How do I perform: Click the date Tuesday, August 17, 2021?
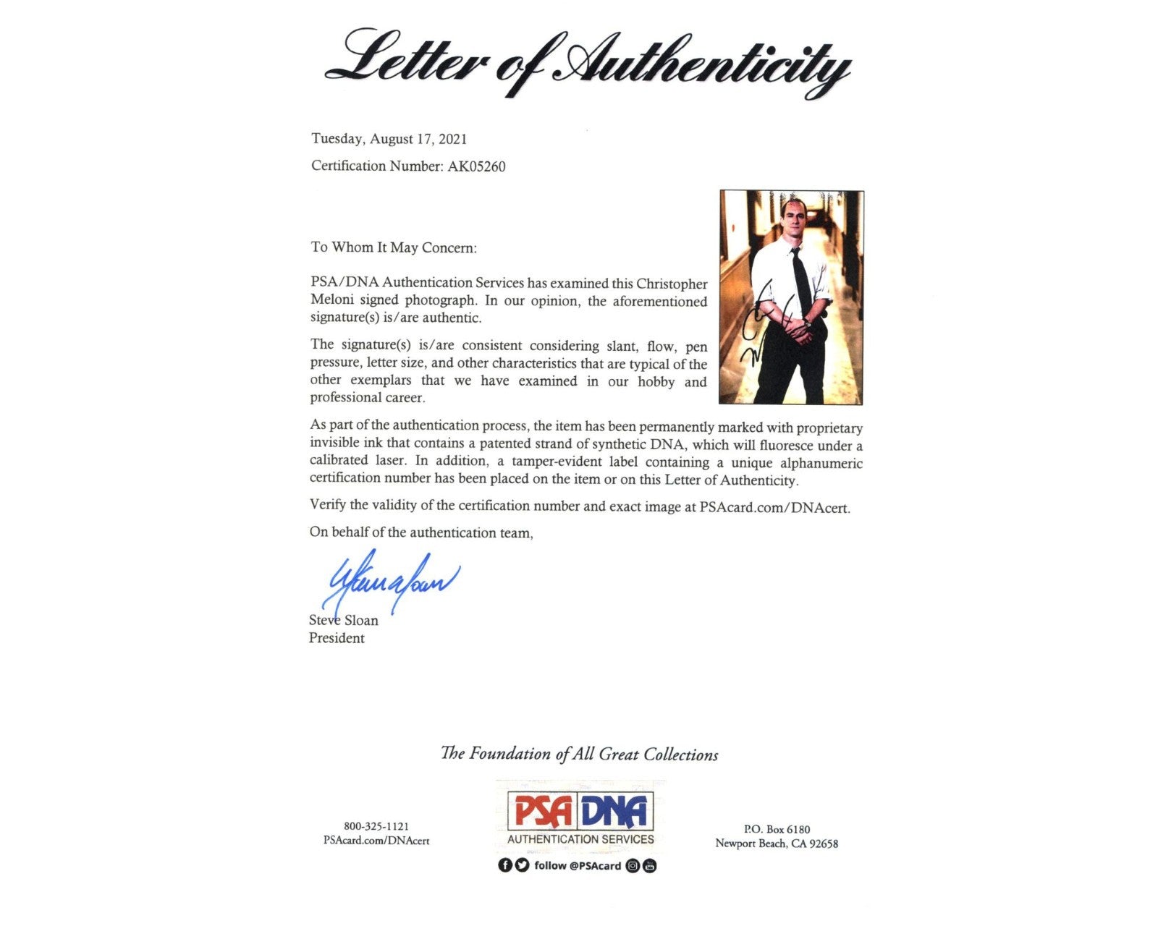(389, 139)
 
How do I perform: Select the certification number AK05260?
(476, 166)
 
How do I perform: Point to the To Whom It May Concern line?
(394, 247)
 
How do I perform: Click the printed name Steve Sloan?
(343, 620)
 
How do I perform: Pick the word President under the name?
(337, 638)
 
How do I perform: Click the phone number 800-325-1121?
(376, 826)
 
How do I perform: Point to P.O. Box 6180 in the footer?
(777, 829)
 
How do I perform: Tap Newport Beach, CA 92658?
(777, 844)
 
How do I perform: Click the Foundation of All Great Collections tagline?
(579, 755)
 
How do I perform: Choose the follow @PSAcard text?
(578, 866)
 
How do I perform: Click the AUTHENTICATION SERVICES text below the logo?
(580, 839)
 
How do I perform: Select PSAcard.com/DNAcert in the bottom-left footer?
(376, 841)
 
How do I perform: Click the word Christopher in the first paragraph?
(671, 284)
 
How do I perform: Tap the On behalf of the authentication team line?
(421, 533)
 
